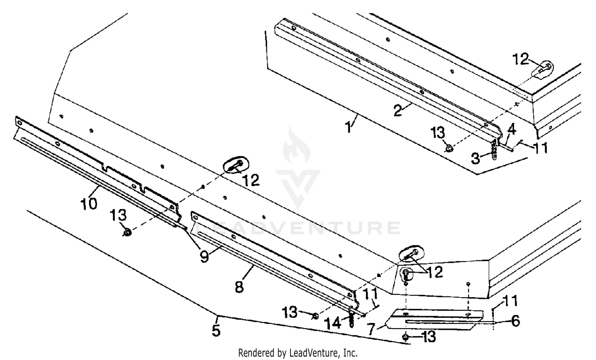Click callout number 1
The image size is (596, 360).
click(348, 128)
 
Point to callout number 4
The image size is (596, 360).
click(511, 129)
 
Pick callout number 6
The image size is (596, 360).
click(515, 321)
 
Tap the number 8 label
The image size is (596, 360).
click(239, 286)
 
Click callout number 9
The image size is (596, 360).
click(204, 257)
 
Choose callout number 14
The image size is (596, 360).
click(333, 323)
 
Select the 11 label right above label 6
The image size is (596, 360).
click(510, 301)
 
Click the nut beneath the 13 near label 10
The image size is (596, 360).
click(127, 232)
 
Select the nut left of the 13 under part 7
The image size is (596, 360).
click(405, 337)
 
